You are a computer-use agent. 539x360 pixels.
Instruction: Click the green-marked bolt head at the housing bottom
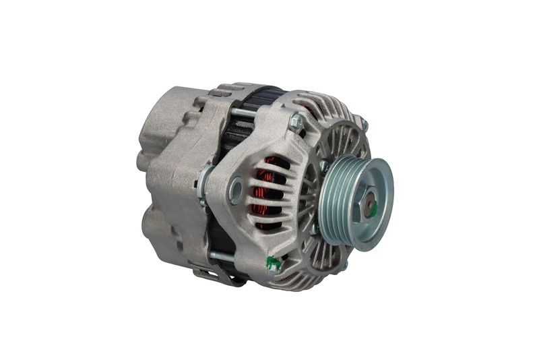(x=274, y=265)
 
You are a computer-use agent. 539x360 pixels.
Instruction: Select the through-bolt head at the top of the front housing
(x=295, y=122)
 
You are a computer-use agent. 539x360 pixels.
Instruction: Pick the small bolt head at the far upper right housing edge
(x=364, y=125)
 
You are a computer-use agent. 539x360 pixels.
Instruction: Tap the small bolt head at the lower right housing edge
(x=343, y=266)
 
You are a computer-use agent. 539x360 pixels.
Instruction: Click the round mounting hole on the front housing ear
(x=235, y=191)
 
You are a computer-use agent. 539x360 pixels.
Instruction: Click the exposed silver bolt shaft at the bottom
(x=222, y=256)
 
